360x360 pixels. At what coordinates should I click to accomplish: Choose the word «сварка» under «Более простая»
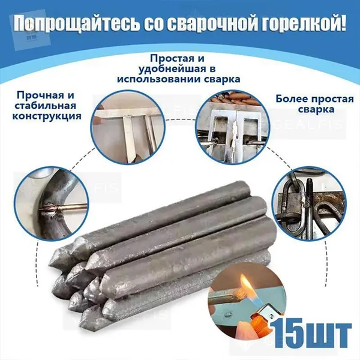pos(316,109)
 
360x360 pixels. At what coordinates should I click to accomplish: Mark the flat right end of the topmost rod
pos(247,189)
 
